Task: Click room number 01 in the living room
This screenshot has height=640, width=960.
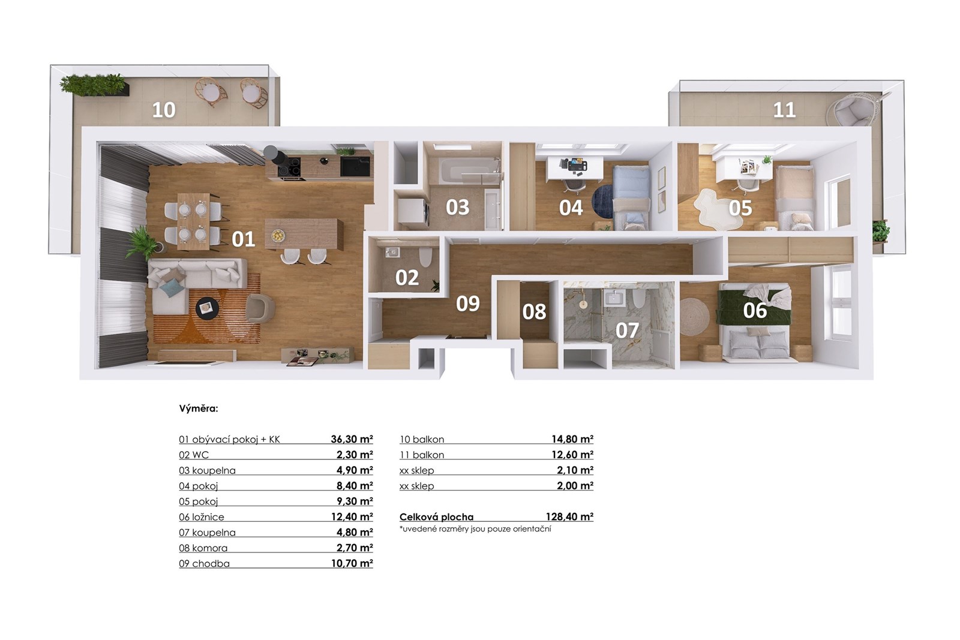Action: [244, 239]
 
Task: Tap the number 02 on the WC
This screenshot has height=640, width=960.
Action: [407, 278]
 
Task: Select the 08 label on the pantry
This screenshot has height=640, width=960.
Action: [534, 312]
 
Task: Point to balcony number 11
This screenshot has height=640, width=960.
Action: [784, 110]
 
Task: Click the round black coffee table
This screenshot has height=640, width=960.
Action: [208, 308]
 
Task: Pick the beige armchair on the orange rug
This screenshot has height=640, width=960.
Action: [260, 308]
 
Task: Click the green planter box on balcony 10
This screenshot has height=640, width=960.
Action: [94, 85]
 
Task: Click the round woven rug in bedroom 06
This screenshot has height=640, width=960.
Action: [694, 317]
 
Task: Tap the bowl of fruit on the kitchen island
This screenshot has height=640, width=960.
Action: [278, 235]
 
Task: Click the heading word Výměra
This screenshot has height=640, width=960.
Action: [199, 408]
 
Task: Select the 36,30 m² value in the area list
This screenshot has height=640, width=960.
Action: [352, 439]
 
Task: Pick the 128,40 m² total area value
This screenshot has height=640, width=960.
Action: [569, 516]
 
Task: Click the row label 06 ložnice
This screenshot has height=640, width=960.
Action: [202, 517]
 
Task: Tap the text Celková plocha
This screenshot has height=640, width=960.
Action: [436, 517]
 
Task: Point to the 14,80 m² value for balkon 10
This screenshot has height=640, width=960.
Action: [572, 439]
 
